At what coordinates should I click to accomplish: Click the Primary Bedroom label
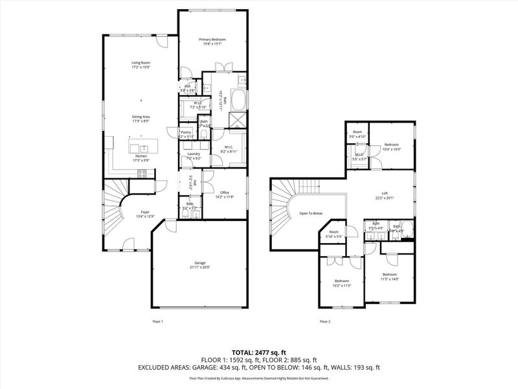click(x=212, y=40)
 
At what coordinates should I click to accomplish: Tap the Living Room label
click(x=141, y=63)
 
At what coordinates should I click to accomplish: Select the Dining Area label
click(x=141, y=117)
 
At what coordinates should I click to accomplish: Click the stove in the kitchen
click(x=143, y=172)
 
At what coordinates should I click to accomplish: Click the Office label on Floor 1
click(x=225, y=193)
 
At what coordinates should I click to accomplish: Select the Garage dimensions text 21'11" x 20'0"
click(x=199, y=267)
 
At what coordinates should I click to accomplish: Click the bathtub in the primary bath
click(x=238, y=101)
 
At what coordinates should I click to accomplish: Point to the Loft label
click(x=384, y=193)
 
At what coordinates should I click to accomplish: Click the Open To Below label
click(x=311, y=213)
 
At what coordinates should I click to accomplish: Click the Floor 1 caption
click(x=157, y=322)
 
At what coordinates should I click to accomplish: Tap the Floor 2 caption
click(x=325, y=322)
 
